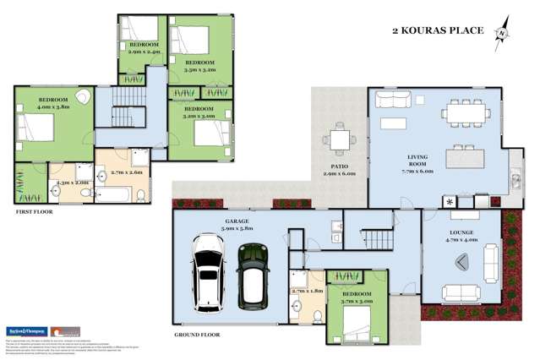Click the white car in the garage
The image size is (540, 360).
(x=206, y=270)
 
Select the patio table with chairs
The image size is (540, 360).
(x=338, y=139)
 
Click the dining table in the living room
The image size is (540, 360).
(x=460, y=110)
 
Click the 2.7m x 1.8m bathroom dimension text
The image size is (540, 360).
(x=305, y=292)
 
